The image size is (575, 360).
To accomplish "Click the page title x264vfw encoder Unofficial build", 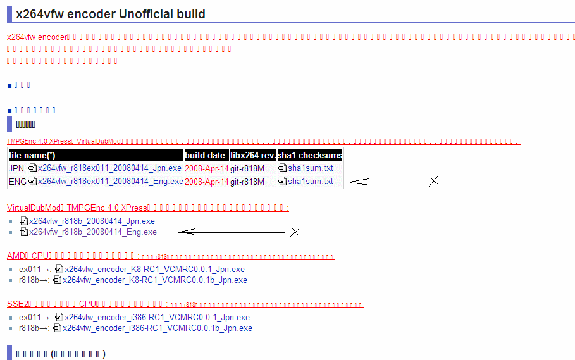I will point(111,14).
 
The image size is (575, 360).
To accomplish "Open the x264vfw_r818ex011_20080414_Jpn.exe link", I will point(109,168).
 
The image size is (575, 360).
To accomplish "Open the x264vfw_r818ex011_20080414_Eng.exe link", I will point(110,182).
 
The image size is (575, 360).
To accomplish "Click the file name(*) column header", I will point(32,155).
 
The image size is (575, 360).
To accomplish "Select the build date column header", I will point(205,155).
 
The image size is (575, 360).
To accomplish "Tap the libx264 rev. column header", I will point(252,155).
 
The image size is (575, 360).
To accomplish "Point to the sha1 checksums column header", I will point(310,155).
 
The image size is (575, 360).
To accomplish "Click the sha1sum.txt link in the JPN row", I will point(310,168).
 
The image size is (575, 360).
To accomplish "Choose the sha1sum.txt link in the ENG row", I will point(310,182).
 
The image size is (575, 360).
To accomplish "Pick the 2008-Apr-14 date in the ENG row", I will point(206,182).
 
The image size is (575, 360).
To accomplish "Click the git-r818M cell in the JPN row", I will point(247,168).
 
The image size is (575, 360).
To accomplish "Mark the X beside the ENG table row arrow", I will point(433,182).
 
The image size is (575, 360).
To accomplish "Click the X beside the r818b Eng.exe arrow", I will point(295,232).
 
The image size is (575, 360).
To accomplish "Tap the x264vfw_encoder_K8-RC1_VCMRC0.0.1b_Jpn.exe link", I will point(155,280).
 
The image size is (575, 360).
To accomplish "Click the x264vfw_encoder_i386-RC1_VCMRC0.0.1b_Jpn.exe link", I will point(158,328).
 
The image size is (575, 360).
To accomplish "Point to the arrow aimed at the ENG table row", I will point(387,182).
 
